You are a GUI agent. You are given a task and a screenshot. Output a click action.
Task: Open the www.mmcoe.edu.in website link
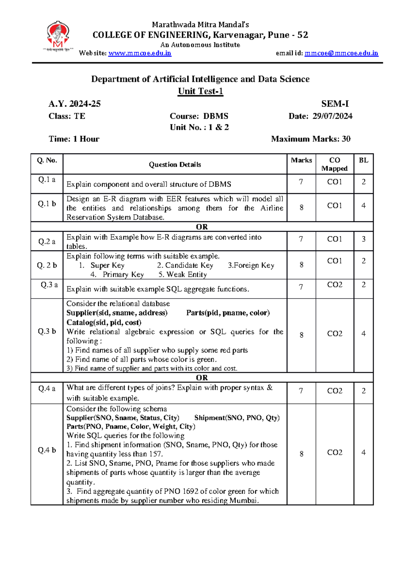(140, 53)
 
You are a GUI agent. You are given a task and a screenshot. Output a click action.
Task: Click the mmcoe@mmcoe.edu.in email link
(341, 53)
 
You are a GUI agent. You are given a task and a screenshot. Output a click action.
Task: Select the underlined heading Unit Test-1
(200, 91)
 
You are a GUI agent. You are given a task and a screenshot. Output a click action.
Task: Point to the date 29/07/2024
(332, 116)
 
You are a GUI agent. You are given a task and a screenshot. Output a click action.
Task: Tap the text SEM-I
(335, 104)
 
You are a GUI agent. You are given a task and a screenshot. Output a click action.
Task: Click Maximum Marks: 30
(310, 139)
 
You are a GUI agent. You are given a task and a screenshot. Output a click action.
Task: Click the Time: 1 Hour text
(74, 139)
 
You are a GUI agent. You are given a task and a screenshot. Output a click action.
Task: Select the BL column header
(363, 160)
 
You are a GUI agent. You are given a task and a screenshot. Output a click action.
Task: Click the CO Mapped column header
(334, 164)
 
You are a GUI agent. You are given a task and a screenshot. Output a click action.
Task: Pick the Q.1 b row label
(47, 204)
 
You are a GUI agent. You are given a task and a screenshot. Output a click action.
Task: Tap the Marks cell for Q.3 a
(301, 287)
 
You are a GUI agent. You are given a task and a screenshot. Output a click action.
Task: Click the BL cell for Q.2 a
(363, 239)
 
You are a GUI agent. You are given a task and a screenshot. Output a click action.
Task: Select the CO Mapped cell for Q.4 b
(334, 452)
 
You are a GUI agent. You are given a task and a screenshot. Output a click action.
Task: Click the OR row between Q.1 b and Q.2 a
(202, 227)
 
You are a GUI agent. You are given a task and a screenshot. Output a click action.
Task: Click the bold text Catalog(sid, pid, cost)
(104, 322)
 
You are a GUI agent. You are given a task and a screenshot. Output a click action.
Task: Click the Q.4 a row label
(47, 388)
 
